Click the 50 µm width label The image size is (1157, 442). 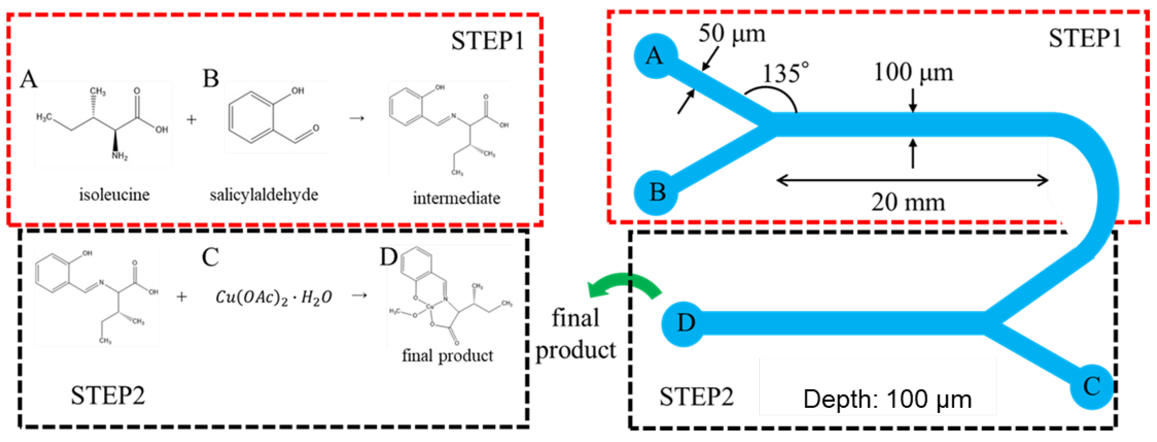click(731, 34)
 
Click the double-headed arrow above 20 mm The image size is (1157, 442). click(912, 181)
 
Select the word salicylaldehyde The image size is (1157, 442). click(264, 195)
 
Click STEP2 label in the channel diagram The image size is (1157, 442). click(696, 397)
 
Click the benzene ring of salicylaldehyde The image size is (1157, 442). click(250, 118)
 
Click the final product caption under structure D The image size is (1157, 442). click(447, 356)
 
